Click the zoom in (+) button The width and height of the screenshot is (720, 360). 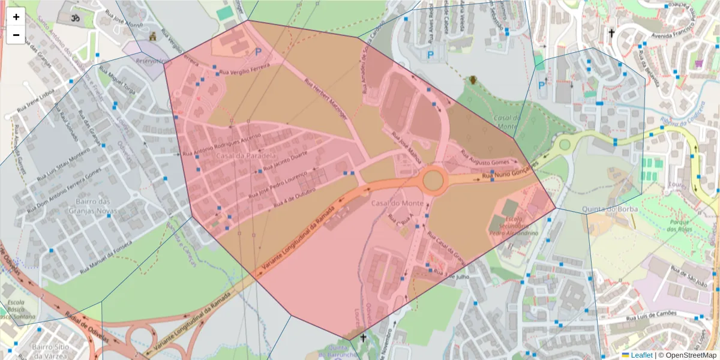(16, 17)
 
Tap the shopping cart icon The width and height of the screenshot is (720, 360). (698, 63)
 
